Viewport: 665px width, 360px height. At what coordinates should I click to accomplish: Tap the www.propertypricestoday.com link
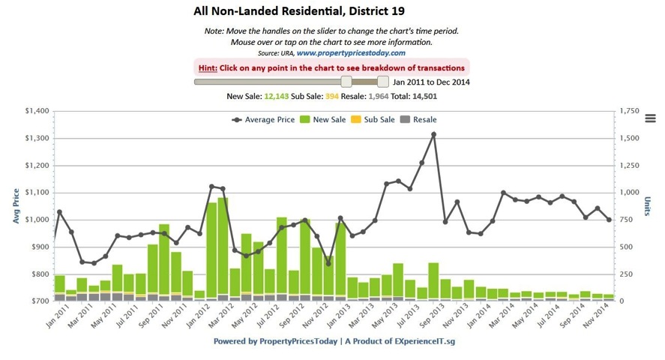pos(351,53)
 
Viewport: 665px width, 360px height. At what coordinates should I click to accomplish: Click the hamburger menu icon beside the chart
pos(650,118)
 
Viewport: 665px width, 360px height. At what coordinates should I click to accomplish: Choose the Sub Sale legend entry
pos(373,119)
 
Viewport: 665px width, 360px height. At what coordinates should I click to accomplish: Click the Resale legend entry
pos(418,119)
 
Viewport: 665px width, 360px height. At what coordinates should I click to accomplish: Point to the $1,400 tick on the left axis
pos(36,111)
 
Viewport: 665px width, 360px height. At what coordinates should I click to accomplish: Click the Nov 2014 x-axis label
pos(598,319)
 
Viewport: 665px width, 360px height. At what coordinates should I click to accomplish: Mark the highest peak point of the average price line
pos(433,134)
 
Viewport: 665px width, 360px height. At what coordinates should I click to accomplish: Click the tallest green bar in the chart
pos(223,247)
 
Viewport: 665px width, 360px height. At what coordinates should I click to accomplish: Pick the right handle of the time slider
pos(383,81)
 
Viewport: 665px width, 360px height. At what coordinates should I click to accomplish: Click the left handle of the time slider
pos(346,81)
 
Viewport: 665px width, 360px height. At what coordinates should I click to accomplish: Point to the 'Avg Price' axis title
pos(15,205)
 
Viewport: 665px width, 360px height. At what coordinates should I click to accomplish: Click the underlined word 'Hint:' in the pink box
pos(208,67)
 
